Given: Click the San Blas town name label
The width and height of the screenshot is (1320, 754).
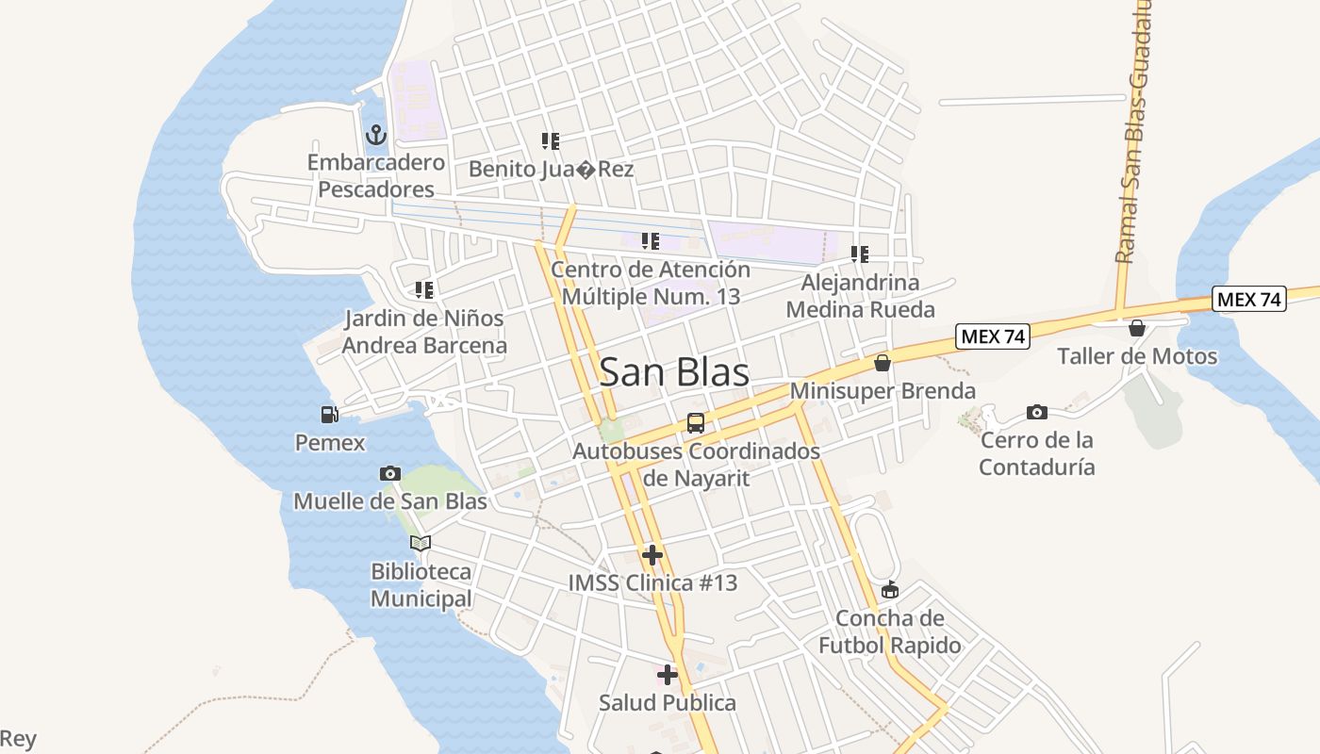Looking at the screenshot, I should click(x=674, y=371).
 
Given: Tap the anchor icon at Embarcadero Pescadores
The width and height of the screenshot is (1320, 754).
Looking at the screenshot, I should click(x=376, y=135).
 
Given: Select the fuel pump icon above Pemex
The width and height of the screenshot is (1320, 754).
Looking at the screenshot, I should click(x=329, y=414).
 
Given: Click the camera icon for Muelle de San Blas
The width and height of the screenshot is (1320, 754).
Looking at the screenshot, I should click(x=389, y=473).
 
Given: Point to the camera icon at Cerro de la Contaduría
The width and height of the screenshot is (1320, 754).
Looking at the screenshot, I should click(x=1036, y=412).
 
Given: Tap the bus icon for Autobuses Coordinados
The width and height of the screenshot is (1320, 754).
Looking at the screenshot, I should click(x=695, y=423).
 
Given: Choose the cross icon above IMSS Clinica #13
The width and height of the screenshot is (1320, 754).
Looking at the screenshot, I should click(x=652, y=554).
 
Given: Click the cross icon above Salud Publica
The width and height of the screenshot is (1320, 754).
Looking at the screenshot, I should click(x=668, y=674).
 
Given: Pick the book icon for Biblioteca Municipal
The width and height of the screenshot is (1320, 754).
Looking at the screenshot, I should click(x=421, y=543).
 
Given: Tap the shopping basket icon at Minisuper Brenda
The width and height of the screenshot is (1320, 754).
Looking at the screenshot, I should click(x=883, y=363).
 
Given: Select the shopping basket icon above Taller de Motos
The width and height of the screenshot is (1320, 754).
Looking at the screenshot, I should click(x=1137, y=328).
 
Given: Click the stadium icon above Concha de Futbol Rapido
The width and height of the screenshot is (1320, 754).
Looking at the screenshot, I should click(x=889, y=591).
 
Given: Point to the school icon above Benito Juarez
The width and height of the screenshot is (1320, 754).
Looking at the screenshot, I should click(x=551, y=141).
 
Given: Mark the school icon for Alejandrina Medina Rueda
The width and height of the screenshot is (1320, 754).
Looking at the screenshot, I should click(x=860, y=254).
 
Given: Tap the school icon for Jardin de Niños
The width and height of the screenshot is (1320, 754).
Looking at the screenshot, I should click(x=424, y=289).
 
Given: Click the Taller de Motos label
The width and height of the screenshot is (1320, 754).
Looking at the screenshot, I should click(x=1137, y=356).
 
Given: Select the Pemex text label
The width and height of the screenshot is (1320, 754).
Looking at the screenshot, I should click(x=330, y=442).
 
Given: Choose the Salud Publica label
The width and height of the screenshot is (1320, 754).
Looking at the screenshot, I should click(x=668, y=702).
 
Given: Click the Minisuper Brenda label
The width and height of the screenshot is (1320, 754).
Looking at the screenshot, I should click(x=883, y=390).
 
